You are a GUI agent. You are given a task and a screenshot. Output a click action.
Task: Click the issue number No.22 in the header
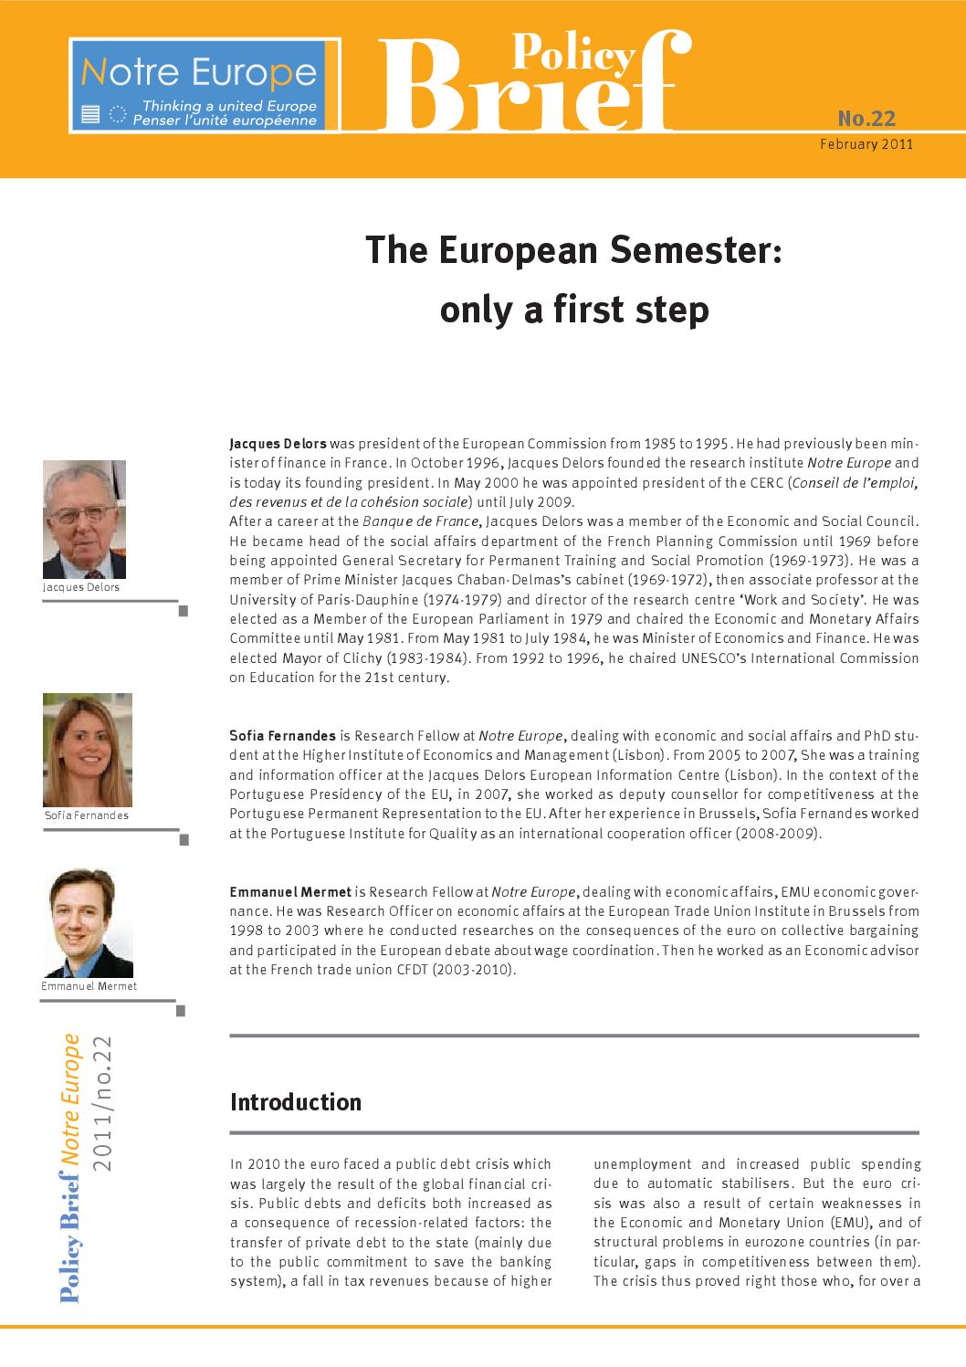866,119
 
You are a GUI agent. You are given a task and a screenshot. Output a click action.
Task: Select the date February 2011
866,144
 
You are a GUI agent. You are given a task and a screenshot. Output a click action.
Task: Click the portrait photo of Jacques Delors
84,520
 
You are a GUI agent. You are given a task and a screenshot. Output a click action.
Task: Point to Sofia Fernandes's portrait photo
88,750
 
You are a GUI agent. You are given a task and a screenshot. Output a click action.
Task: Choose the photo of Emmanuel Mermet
88,923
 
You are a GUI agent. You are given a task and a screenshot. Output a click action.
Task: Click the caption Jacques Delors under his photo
81,587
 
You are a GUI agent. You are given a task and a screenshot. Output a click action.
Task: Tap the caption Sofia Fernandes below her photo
87,815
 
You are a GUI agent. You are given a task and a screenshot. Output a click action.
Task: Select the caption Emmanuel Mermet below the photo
89,986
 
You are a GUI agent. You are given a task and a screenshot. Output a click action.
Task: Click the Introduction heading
296,1102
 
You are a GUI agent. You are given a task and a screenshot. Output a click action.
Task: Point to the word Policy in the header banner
572,53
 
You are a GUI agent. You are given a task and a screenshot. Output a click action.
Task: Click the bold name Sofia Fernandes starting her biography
283,736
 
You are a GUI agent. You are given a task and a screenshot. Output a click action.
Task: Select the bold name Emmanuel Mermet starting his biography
290,892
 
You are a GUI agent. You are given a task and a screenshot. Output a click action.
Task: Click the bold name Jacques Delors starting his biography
278,444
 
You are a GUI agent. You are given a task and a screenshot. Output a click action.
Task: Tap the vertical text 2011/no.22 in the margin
102,1103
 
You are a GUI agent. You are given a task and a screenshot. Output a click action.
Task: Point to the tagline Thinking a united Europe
229,106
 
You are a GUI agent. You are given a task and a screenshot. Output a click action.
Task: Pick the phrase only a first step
573,310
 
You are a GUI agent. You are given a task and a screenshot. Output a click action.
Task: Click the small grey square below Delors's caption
183,611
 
